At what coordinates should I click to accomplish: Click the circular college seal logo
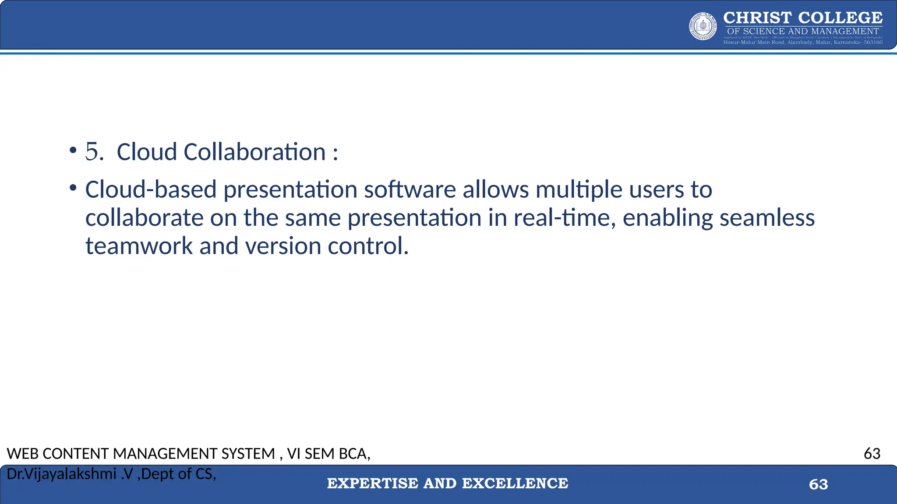703,26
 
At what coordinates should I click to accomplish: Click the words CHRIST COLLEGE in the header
803,18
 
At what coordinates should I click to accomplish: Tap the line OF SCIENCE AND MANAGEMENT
803,31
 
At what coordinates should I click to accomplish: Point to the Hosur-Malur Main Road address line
803,42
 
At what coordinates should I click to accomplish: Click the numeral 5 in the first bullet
92,152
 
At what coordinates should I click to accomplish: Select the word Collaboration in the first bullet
254,152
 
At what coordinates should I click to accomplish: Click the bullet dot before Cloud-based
73,189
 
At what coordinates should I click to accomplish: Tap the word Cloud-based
151,189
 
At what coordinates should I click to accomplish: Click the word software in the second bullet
410,189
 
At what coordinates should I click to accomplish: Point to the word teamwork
139,245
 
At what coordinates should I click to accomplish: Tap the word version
283,245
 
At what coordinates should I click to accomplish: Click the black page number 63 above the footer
872,453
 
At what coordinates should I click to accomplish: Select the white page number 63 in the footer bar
818,484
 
